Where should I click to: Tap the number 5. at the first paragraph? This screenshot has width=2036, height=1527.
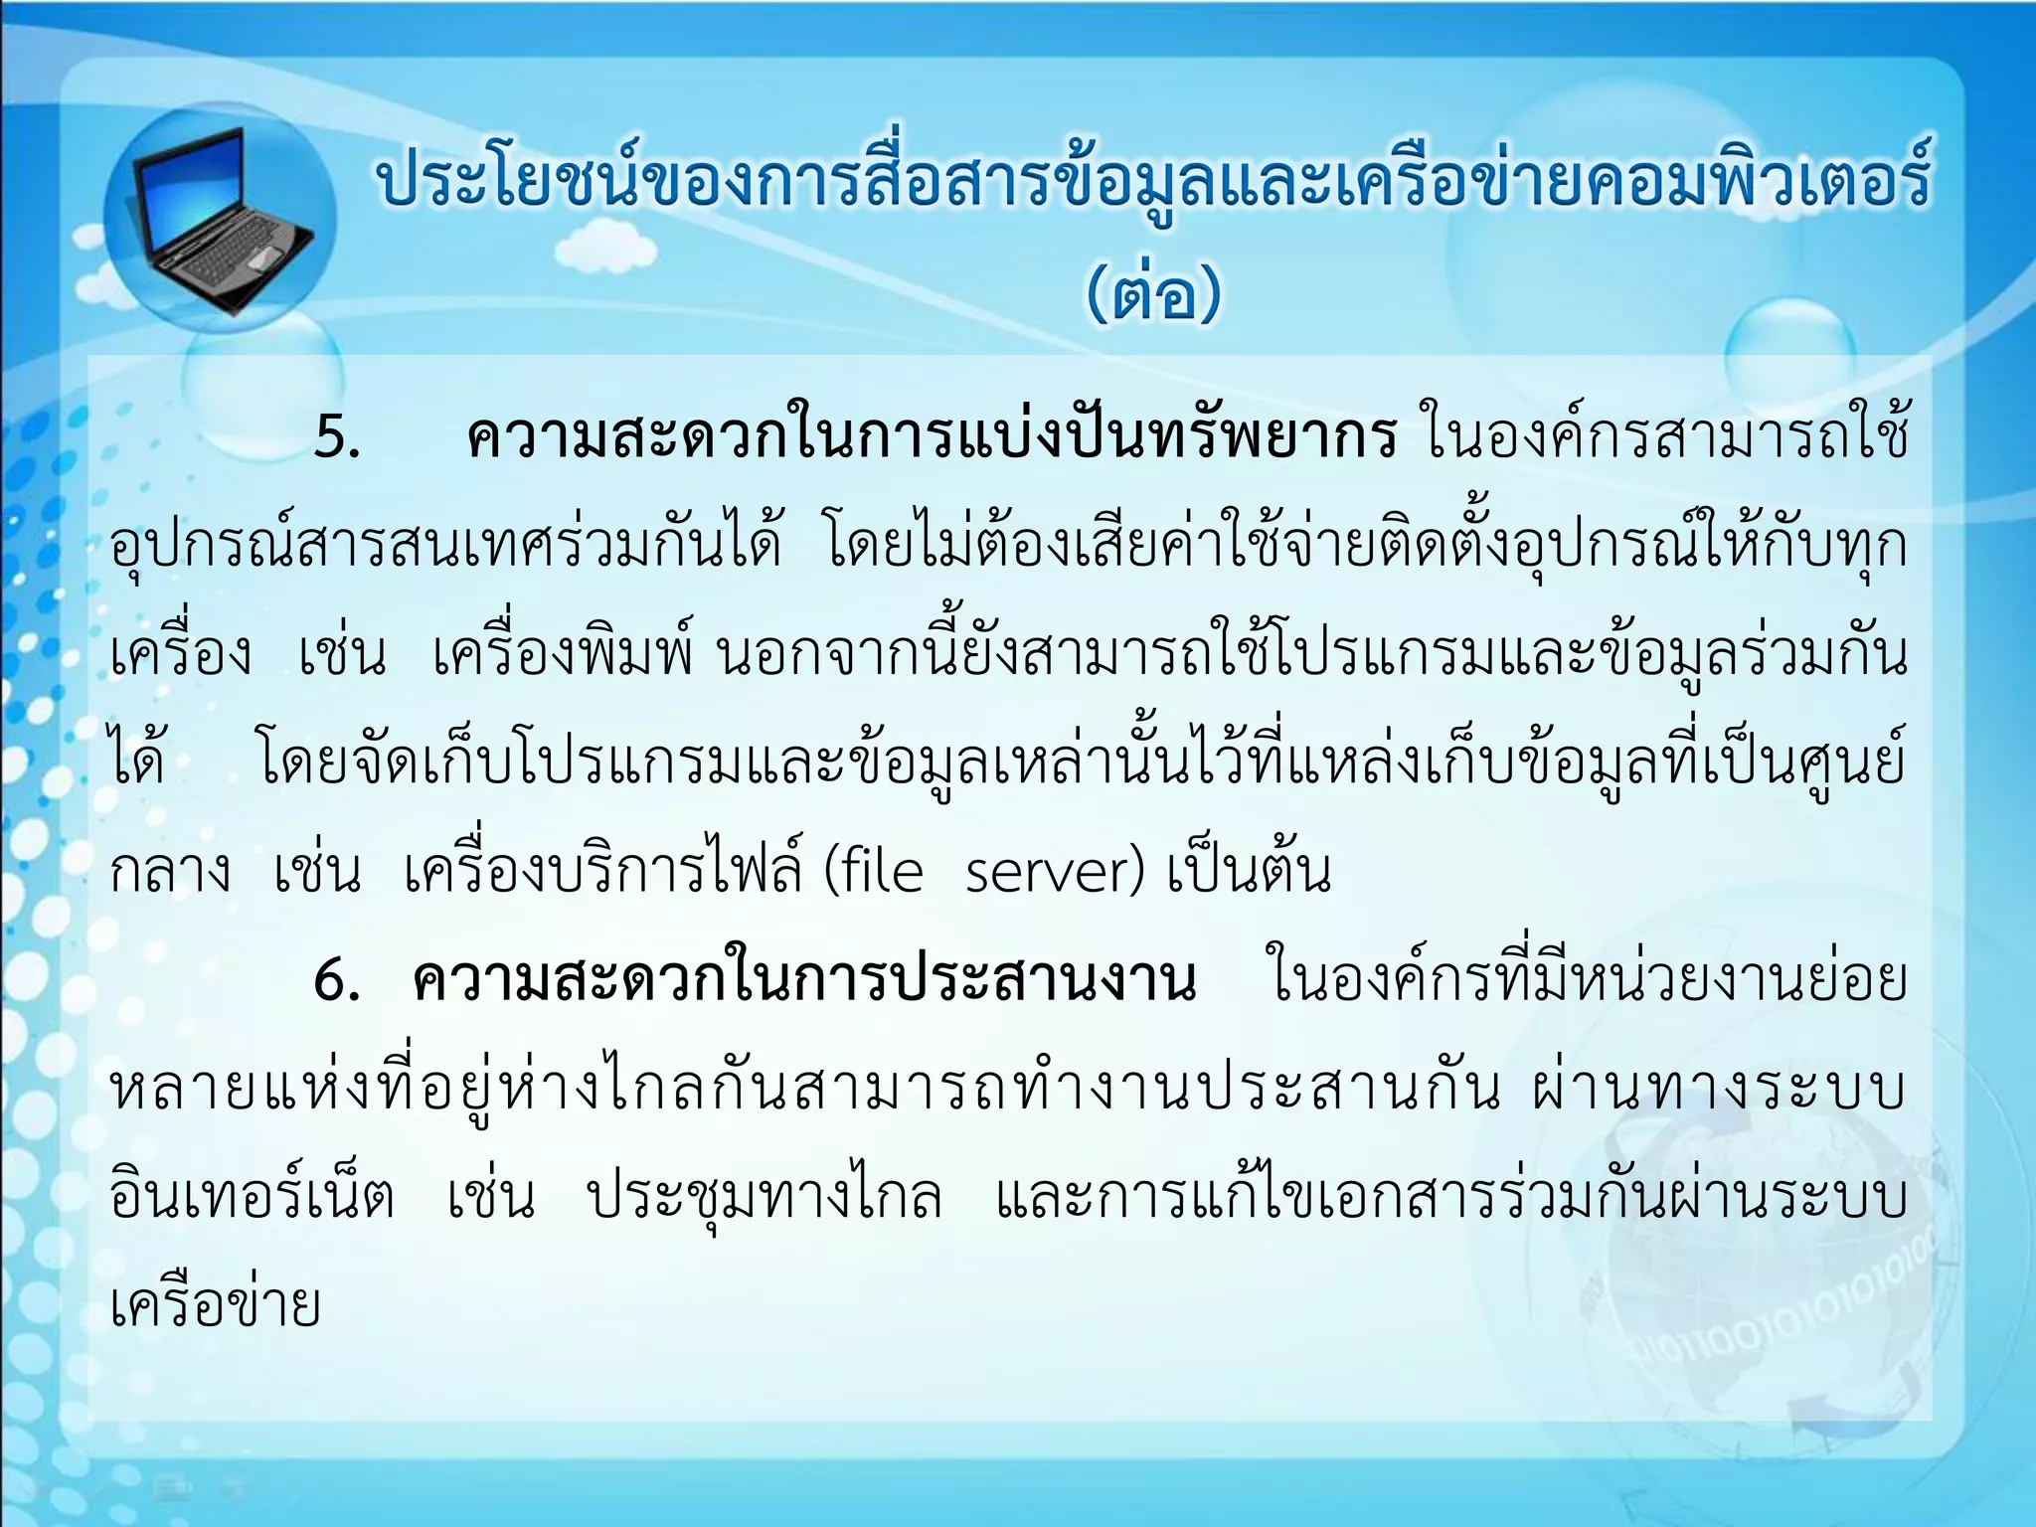point(338,437)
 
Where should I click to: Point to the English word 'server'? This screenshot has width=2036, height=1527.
point(1054,873)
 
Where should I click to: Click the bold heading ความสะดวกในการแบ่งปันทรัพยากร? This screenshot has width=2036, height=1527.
point(933,437)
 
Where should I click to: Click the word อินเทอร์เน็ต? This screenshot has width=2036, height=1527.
point(253,1198)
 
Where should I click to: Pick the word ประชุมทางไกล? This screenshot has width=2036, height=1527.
point(764,1198)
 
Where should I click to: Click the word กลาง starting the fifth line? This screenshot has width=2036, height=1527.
point(170,873)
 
